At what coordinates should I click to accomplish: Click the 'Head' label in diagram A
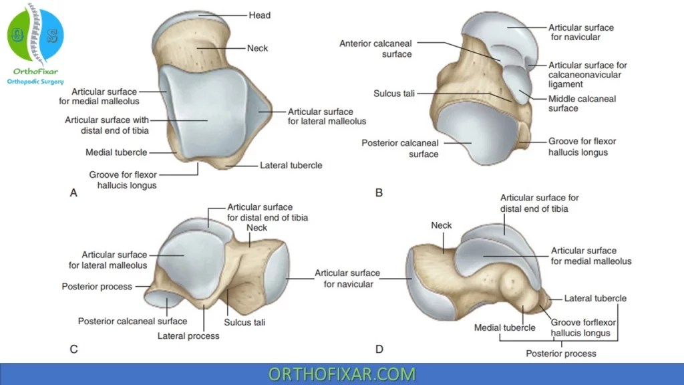pos(259,15)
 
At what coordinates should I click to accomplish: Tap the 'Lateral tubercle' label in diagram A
pos(291,165)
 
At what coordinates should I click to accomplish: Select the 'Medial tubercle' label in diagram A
pos(116,152)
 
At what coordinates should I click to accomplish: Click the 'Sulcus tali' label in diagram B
pos(393,94)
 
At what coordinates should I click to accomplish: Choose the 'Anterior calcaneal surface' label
pos(375,49)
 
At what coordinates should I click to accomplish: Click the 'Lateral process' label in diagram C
pos(188,336)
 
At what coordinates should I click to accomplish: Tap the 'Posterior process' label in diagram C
pos(97,287)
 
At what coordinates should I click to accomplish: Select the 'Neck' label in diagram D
pos(442,225)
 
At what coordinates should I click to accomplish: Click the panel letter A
pos(73,193)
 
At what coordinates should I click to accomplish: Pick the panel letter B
pos(379,193)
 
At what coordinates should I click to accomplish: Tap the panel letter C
pos(73,348)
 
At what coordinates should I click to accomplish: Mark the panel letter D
pos(379,348)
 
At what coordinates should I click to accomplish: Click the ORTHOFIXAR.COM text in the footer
pos(341,374)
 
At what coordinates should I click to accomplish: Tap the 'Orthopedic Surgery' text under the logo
pos(35,82)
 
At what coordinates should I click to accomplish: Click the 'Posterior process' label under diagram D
pos(560,353)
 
